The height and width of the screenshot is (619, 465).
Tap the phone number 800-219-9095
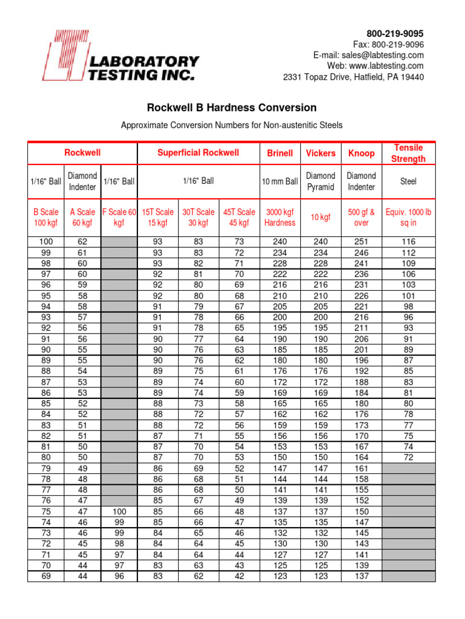395,33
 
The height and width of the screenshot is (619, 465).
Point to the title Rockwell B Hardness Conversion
232,108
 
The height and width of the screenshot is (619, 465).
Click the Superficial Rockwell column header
198,153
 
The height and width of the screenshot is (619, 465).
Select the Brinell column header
280,153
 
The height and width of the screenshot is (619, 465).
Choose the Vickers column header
320,153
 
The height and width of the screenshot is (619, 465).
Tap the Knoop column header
361,153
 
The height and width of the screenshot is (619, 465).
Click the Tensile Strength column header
409,153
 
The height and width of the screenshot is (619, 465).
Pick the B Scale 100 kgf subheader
45,217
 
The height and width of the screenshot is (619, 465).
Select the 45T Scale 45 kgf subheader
239,217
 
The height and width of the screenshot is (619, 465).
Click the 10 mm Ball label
280,181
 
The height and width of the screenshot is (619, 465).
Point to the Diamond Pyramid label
320,181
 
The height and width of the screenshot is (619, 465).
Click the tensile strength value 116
409,242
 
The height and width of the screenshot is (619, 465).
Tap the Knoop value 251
361,242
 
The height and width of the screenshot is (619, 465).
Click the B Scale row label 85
45,403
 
